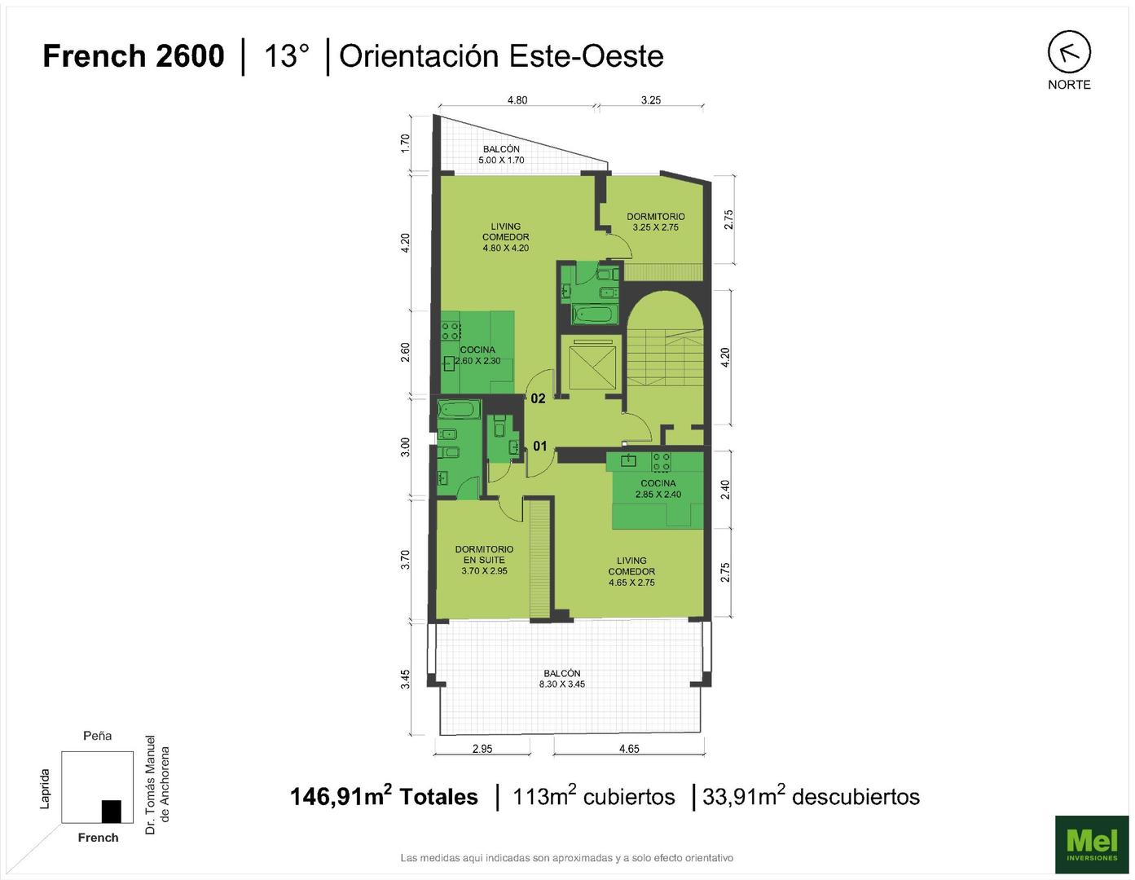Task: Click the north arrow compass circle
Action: pos(1069,51)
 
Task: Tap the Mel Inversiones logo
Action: pos(1091,844)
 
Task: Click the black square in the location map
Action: pos(111,812)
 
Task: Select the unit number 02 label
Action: pos(538,398)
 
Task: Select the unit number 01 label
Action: pos(539,446)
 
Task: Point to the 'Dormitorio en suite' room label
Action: pos(484,560)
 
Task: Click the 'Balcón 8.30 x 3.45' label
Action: pos(561,679)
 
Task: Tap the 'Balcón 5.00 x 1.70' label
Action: pos(501,155)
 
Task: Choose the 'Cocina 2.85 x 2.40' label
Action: pos(658,489)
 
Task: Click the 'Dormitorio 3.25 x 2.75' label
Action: pos(656,222)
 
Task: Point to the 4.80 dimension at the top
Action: pos(517,100)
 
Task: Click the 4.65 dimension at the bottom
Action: pos(629,749)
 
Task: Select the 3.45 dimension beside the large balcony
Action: pos(405,679)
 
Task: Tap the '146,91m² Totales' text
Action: pos(384,796)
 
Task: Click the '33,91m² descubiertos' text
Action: pos(811,796)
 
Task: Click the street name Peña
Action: pos(97,736)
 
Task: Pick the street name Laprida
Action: pos(45,789)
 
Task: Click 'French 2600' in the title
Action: pos(133,56)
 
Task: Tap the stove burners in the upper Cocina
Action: pos(451,331)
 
